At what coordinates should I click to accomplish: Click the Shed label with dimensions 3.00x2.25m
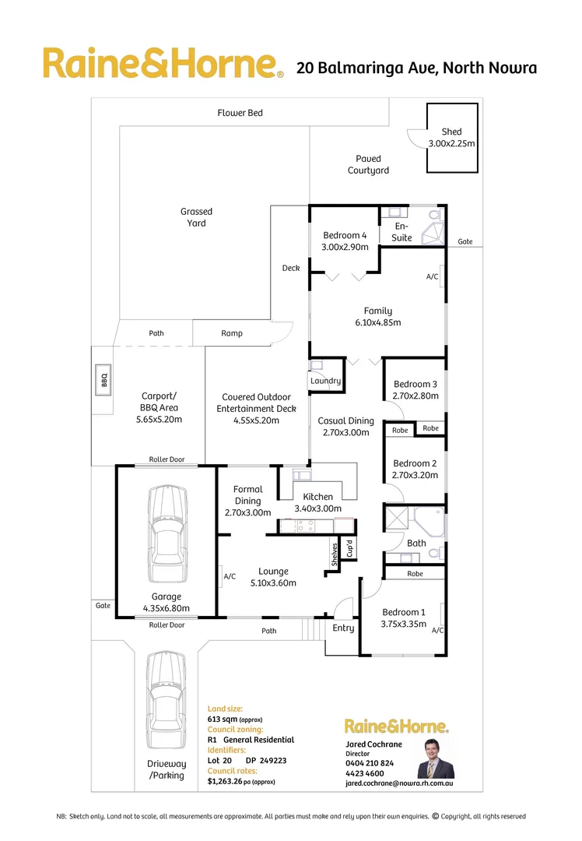pos(451,138)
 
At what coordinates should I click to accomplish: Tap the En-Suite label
pos(402,232)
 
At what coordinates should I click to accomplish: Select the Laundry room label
pos(325,381)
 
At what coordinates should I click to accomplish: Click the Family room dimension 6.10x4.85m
pos(378,322)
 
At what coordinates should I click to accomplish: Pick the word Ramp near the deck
pos(231,333)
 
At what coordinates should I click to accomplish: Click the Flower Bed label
pos(240,113)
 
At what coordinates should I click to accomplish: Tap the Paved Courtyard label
pos(368,164)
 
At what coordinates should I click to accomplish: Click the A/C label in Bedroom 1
pos(437,630)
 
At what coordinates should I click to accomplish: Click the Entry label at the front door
pos(343,628)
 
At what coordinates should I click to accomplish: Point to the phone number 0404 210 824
pos(370,764)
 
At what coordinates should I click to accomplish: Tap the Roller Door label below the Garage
pos(167,625)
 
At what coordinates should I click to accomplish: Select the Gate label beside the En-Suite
pos(465,241)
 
